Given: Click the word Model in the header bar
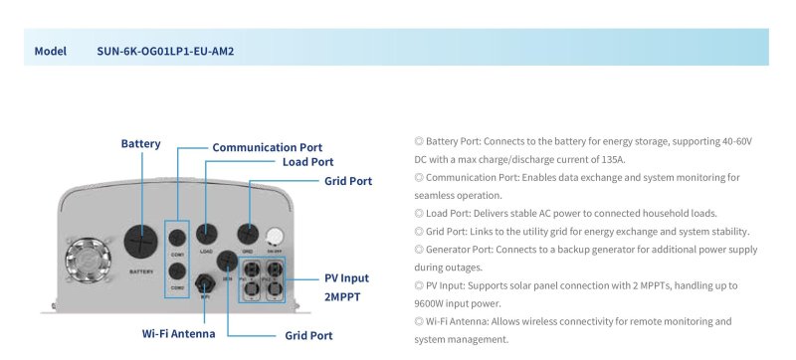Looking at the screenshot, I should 50,51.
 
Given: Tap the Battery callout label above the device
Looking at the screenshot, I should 140,144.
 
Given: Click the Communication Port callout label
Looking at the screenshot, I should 268,147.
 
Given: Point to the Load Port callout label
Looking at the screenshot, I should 307,162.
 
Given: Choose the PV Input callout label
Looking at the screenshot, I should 346,278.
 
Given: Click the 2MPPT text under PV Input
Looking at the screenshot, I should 344,296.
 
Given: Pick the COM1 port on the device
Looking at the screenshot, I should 176,237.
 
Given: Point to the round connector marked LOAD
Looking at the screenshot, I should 206,234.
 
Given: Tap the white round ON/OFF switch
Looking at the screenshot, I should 278,235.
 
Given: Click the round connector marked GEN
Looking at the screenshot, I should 228,260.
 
